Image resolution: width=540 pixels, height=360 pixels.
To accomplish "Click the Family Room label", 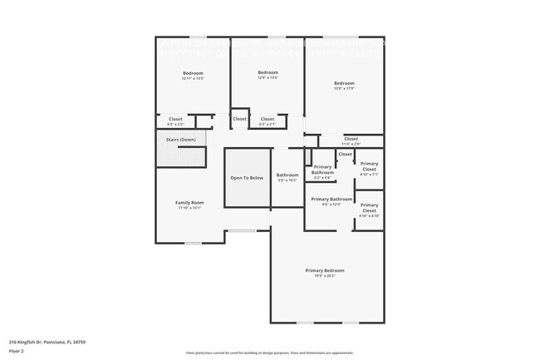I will [189, 203].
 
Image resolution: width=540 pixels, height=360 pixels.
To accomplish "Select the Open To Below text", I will [247, 178].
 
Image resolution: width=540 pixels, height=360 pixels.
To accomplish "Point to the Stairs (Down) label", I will [181, 140].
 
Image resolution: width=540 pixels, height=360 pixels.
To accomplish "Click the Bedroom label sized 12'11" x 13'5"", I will [193, 73].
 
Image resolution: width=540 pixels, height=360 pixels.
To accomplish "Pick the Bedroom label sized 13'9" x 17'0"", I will [344, 83].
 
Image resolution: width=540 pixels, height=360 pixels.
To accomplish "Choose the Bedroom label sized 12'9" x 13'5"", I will [268, 72].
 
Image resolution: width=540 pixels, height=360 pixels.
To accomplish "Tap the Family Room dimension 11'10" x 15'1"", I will [189, 208].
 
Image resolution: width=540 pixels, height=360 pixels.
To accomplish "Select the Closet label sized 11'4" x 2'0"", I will [351, 139].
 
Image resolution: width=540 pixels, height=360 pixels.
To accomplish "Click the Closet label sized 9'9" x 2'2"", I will [175, 119].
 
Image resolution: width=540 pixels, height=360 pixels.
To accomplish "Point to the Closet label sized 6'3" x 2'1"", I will [268, 119].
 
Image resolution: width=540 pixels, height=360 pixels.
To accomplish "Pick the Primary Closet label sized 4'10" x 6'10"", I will [369, 207].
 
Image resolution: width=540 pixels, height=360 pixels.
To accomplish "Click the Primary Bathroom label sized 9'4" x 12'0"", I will [331, 200].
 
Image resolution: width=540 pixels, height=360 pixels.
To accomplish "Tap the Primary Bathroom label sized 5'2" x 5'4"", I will [322, 170].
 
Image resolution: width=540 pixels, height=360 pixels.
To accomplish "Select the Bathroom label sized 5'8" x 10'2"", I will [287, 175].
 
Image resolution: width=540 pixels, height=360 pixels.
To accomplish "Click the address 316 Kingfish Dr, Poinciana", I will [47, 342].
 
